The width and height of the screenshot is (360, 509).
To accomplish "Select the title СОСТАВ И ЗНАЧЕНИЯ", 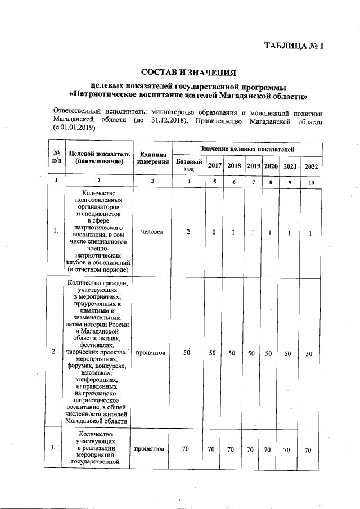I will (188, 73).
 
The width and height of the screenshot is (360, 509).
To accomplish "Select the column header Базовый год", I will (189, 165).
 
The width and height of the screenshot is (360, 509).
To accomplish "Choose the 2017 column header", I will (214, 166).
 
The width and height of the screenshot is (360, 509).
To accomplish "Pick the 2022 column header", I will (311, 166).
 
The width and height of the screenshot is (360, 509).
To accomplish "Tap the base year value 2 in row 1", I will (189, 232).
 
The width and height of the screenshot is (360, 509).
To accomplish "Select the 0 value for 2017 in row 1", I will (214, 232).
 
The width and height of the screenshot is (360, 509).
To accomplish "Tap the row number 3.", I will (53, 448).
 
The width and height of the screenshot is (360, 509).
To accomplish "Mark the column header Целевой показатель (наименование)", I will (98, 157).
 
